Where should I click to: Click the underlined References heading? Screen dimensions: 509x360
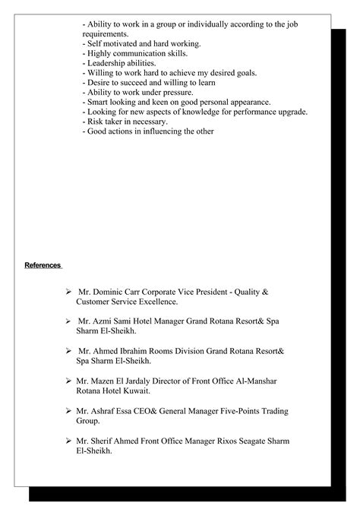click(x=43, y=265)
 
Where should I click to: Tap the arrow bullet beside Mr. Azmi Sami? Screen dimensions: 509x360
click(x=68, y=321)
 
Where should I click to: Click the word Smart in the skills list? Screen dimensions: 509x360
click(x=96, y=102)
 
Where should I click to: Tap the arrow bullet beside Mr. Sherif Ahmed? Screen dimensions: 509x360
click(x=68, y=441)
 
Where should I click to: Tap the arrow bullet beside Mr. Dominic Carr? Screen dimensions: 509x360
click(x=68, y=292)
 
